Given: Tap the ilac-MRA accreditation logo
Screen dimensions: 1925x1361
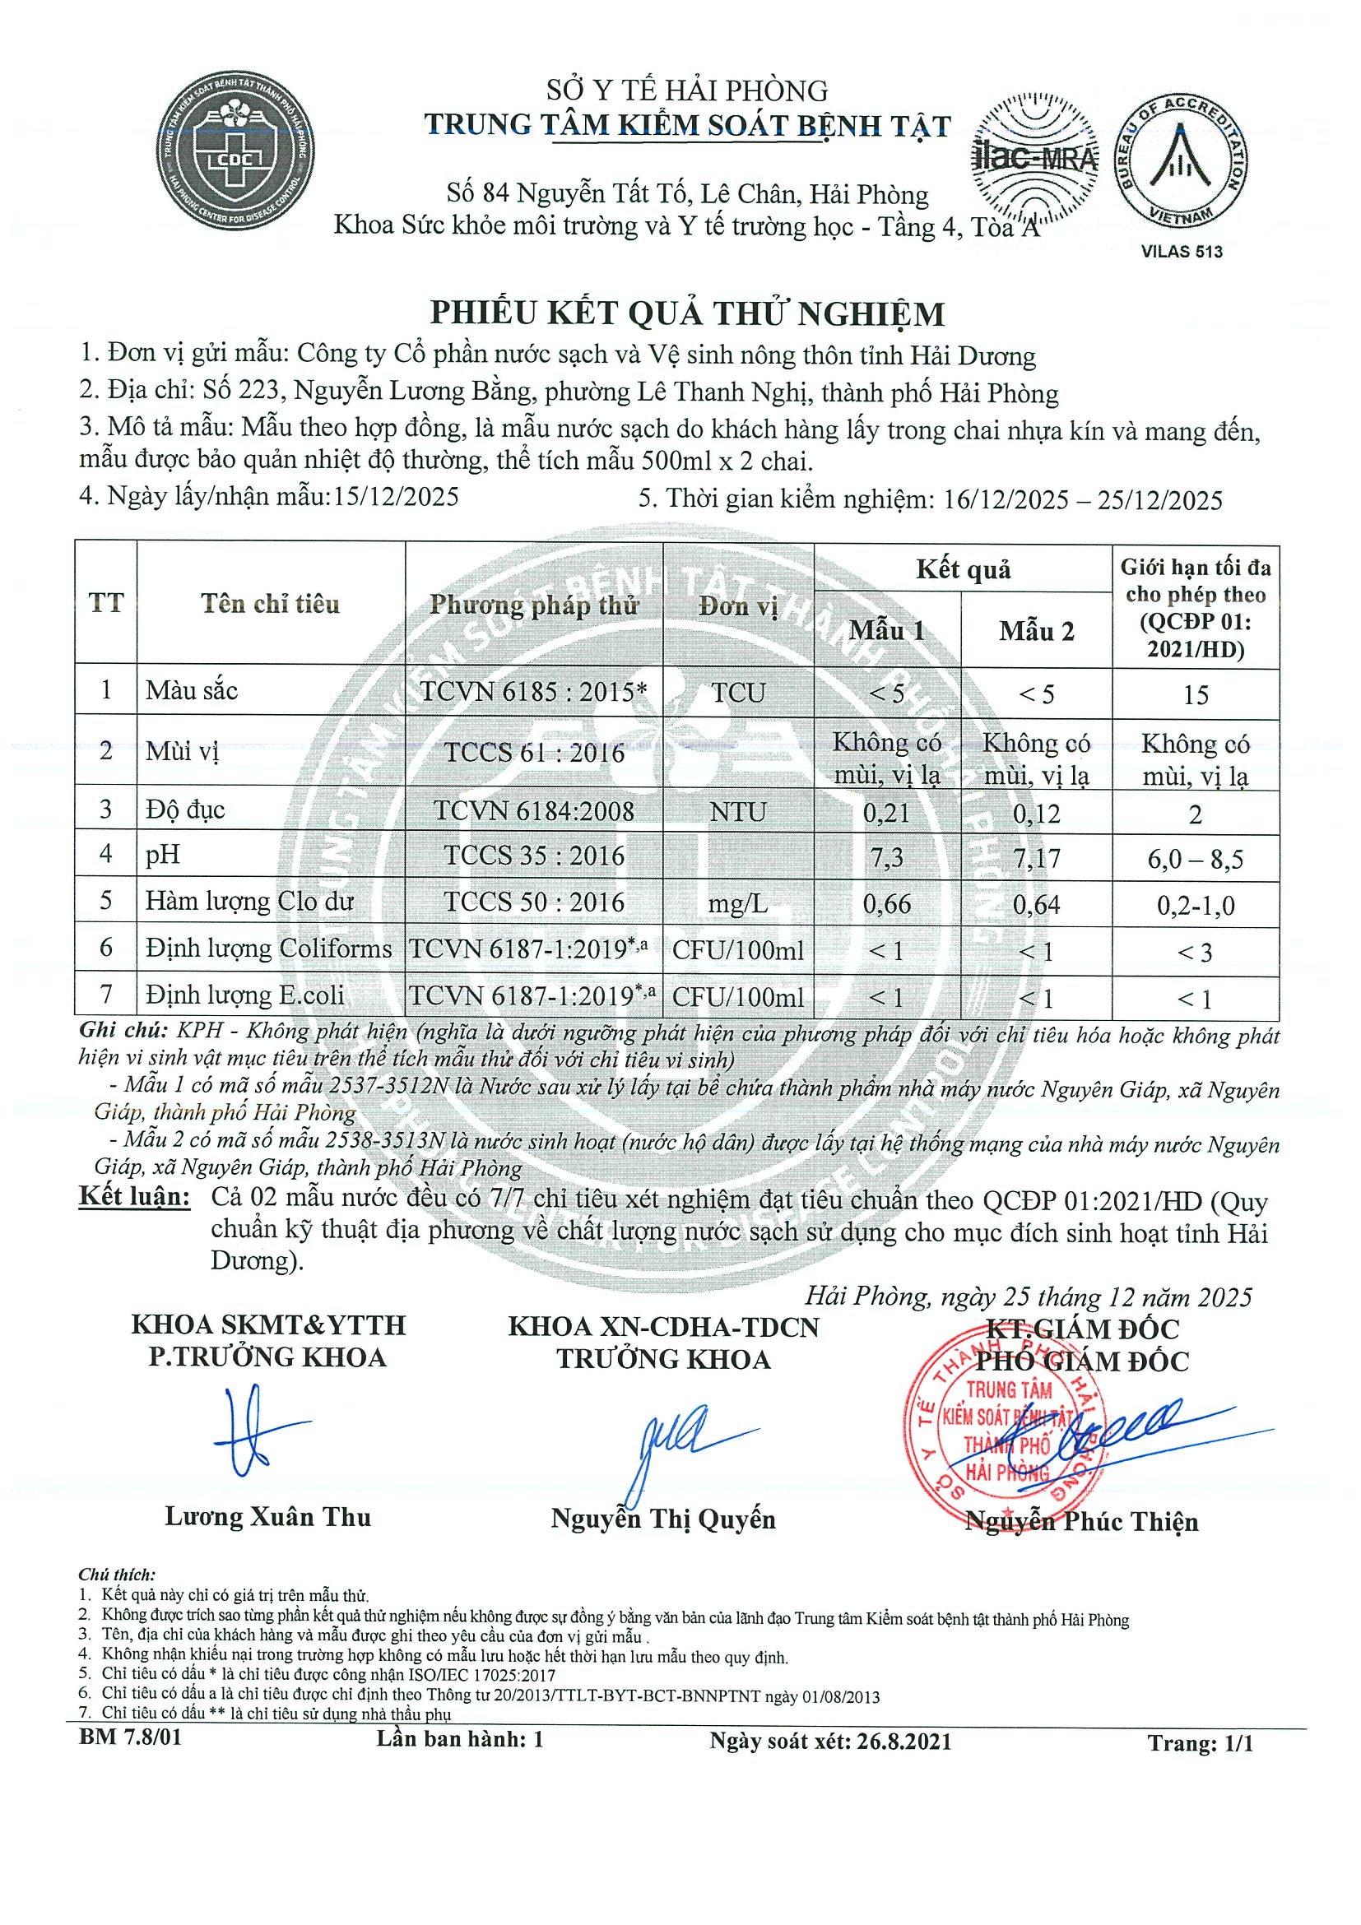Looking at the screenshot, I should [x=1035, y=158].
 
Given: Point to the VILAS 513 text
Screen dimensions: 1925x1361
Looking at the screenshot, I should [x=1182, y=252].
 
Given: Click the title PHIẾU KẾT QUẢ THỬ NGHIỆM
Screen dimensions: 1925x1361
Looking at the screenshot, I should [x=687, y=313].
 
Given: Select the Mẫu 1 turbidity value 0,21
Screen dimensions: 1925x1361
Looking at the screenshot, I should [x=886, y=813].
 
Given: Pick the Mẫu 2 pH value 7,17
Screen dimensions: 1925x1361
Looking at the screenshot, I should [x=1037, y=858].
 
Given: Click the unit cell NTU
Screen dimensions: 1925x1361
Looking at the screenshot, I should [x=738, y=812].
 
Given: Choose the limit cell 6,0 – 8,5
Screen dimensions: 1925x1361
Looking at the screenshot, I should [x=1195, y=860].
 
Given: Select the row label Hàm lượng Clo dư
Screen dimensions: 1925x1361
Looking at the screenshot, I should [x=249, y=902].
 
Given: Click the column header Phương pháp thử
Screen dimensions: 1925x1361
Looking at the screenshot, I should [x=534, y=605].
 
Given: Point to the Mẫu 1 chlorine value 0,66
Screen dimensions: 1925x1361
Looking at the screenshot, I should [x=886, y=904].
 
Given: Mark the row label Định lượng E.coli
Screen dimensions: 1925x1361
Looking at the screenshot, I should [x=244, y=995].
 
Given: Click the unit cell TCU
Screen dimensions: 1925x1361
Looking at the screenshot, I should [x=738, y=693].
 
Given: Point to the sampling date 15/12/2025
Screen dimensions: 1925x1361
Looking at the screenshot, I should [x=396, y=496].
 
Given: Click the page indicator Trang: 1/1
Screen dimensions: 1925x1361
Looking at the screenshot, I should [x=1200, y=1744].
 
